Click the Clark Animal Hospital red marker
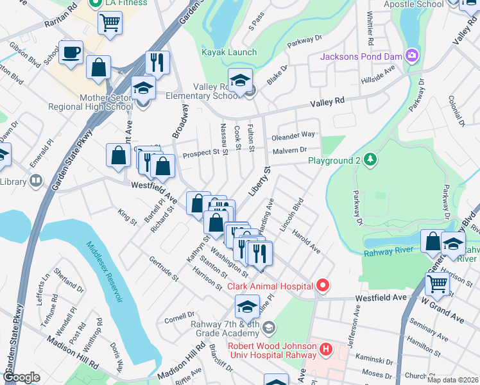[323, 285]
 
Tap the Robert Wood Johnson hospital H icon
[326, 350]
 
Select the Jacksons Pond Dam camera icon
[411, 56]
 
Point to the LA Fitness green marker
[96, 3]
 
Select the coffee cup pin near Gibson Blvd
[71, 51]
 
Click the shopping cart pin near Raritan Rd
[110, 22]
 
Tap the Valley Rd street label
[327, 102]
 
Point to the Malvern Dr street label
[289, 150]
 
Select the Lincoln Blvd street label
[293, 216]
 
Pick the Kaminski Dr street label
[371, 361]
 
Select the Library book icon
[35, 182]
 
